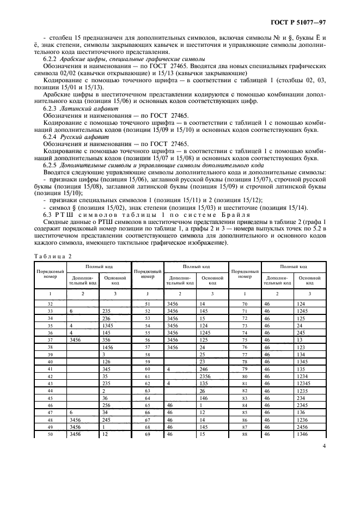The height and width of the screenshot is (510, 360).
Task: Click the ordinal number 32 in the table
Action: (50, 303)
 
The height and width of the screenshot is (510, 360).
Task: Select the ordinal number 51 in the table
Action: (147, 303)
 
